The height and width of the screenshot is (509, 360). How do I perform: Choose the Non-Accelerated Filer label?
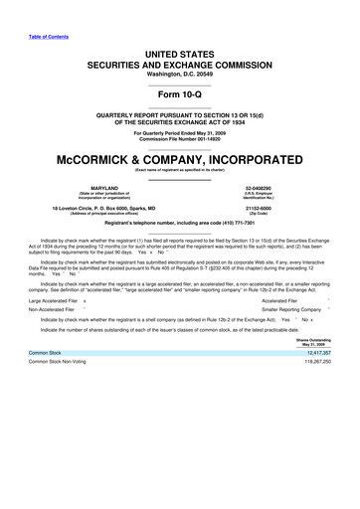tap(50, 337)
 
